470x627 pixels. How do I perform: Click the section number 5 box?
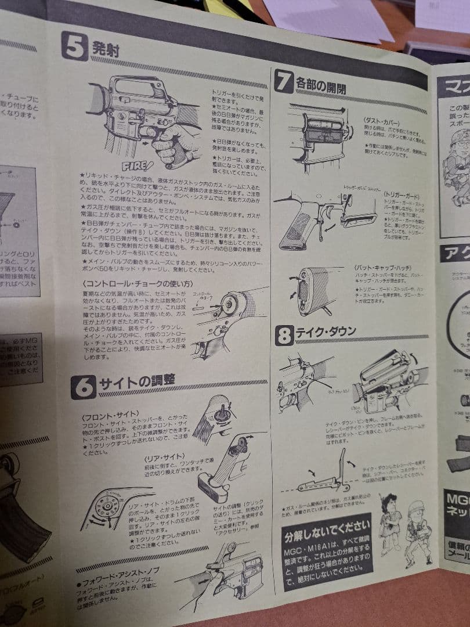tap(74, 46)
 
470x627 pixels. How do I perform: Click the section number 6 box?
tap(84, 387)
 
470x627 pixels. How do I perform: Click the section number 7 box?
tap(284, 81)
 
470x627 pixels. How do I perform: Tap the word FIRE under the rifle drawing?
tap(137, 165)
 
